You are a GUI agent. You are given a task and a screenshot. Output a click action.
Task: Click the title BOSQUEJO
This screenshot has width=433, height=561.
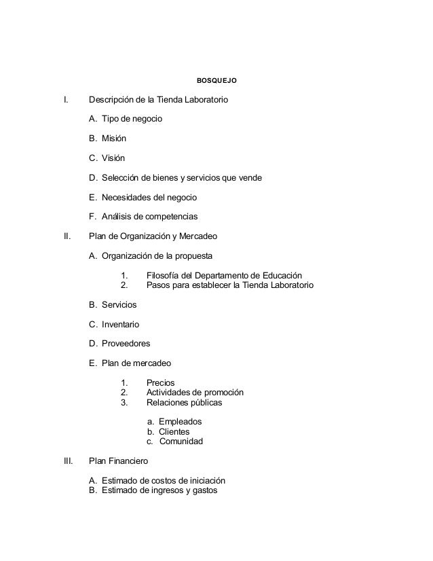tap(216, 81)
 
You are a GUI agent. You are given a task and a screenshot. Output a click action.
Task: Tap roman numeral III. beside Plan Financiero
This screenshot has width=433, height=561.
tap(68, 460)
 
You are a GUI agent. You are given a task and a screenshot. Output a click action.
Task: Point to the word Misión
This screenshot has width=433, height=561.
tap(113, 139)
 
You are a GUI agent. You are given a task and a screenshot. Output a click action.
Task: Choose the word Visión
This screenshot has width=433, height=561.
tap(113, 158)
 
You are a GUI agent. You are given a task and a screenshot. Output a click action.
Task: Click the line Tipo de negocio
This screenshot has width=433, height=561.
tap(132, 120)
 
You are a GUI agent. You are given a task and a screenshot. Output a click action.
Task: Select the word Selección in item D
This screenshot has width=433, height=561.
tap(122, 178)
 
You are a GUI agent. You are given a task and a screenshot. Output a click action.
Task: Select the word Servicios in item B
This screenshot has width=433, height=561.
tap(119, 305)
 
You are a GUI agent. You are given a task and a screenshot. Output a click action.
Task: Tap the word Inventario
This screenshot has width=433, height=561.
tap(121, 325)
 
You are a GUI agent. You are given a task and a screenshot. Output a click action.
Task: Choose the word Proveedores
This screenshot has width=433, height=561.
tap(126, 344)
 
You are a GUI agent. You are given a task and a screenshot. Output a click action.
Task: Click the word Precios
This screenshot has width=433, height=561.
tap(161, 382)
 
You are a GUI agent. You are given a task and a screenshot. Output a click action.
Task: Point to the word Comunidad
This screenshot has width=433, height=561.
tap(181, 441)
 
